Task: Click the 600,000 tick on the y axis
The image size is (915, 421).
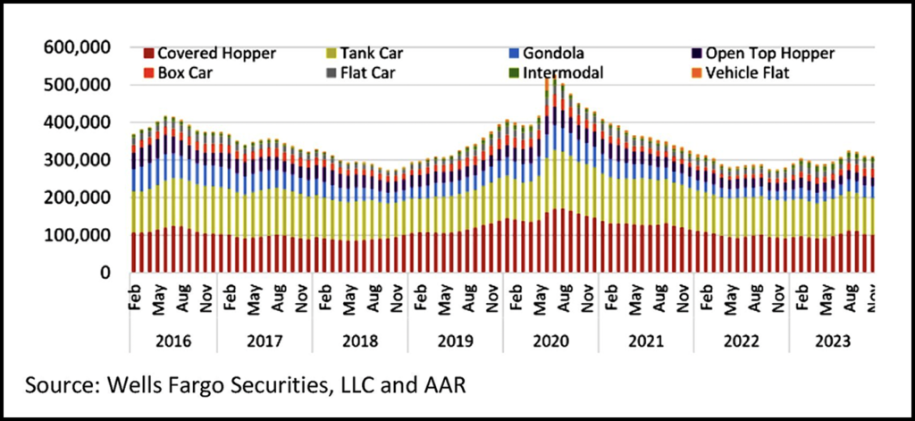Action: [79, 46]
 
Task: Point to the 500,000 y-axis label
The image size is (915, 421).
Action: [79, 85]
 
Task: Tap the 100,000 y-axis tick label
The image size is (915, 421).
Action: [79, 235]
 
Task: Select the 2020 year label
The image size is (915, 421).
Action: [550, 341]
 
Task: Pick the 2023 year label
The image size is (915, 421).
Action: [831, 341]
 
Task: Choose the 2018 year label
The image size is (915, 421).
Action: [359, 341]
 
